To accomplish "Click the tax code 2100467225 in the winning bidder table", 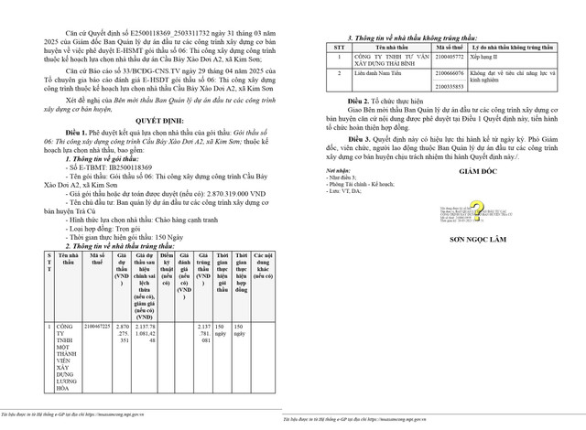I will click(96, 326).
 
